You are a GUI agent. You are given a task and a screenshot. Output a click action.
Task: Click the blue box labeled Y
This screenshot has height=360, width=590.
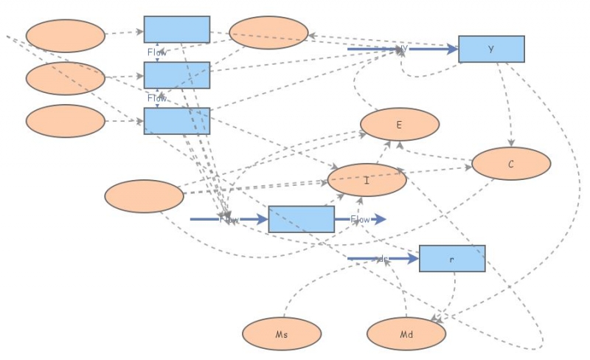tap(491, 49)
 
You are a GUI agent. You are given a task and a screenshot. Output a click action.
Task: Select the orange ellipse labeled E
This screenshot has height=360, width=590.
tap(399, 124)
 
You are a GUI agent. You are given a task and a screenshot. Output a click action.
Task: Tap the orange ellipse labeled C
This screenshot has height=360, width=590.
tap(510, 164)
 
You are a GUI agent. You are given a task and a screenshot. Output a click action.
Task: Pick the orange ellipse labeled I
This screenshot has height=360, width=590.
tap(367, 180)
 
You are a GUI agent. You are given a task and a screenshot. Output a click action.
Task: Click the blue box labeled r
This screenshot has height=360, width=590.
tap(452, 258)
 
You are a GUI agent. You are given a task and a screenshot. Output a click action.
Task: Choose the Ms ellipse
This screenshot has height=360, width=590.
tap(281, 334)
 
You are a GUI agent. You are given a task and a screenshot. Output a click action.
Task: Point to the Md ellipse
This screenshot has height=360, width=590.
tap(406, 334)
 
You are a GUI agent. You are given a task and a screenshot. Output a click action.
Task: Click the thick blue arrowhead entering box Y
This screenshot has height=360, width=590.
tap(451, 49)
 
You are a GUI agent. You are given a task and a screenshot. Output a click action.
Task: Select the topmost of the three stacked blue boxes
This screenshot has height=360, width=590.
tap(176, 30)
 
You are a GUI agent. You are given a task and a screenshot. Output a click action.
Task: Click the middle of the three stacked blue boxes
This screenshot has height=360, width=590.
tap(176, 75)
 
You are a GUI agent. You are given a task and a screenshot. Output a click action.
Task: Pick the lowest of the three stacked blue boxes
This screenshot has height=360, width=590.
tap(176, 121)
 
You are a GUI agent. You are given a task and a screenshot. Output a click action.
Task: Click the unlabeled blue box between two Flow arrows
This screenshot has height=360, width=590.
tap(301, 219)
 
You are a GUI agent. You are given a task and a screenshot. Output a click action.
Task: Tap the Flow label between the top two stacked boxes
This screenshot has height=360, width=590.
tap(157, 52)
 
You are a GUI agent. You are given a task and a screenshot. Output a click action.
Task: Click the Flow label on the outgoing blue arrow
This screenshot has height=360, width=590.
tap(360, 219)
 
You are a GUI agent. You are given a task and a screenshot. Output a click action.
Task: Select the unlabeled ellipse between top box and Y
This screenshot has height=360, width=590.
tap(268, 33)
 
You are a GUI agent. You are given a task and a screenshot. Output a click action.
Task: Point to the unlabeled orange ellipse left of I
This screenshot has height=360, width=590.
tap(144, 196)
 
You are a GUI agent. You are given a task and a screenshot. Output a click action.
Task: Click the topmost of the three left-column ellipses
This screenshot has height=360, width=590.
tap(65, 35)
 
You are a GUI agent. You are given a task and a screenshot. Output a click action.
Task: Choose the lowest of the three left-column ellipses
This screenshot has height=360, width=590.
tap(65, 121)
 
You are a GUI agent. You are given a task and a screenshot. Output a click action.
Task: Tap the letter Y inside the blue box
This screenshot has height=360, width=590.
tap(491, 49)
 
